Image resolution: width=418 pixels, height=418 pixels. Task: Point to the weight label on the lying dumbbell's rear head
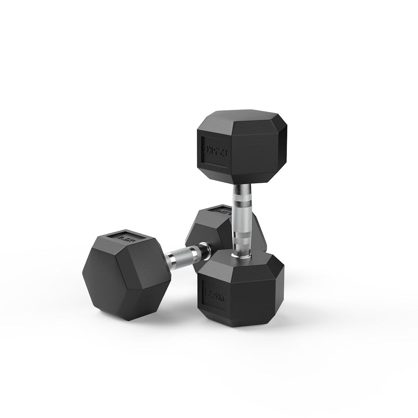220,211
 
